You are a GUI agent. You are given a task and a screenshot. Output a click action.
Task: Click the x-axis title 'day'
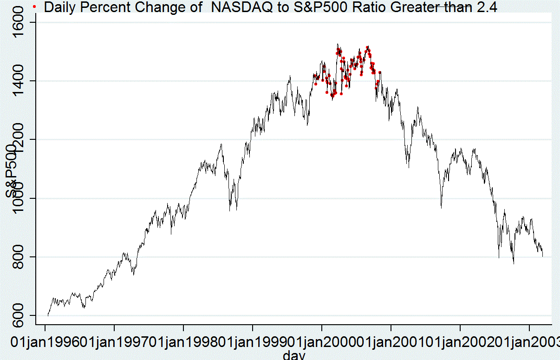[x=294, y=355]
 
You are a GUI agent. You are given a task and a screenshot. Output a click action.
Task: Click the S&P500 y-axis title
[x=13, y=172]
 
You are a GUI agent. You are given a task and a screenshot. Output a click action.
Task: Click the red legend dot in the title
[x=34, y=7]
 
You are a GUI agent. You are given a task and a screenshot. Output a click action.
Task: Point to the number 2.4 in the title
[x=487, y=7]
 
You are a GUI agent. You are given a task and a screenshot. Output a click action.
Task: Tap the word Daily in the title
[x=58, y=7]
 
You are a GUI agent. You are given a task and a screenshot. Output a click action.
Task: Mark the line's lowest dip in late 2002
[x=514, y=263]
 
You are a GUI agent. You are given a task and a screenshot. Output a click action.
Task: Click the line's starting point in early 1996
[x=48, y=315]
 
